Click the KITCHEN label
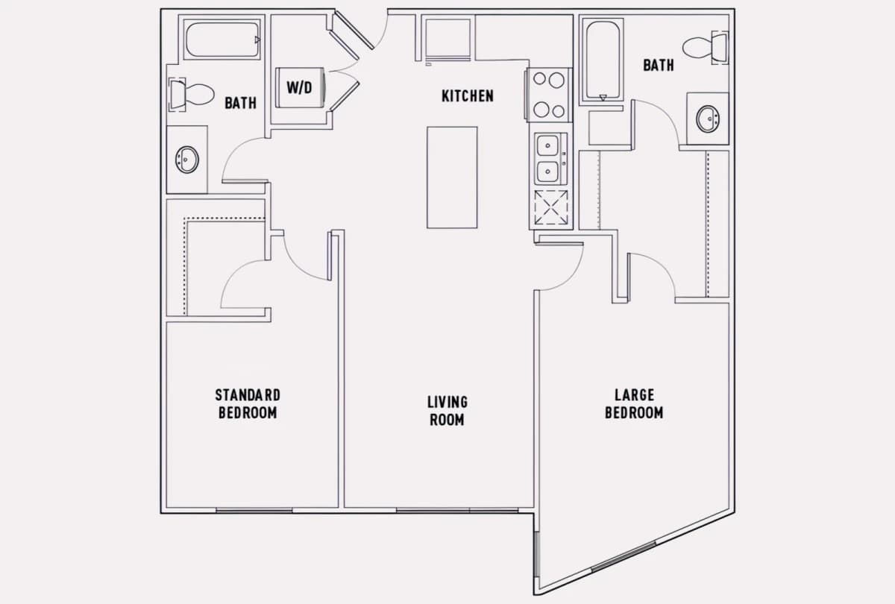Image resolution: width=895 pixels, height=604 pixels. coord(468,96)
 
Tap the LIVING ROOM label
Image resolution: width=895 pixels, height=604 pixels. coord(447,411)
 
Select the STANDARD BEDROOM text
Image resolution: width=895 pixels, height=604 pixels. coord(248,404)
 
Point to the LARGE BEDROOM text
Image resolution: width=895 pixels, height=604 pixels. coord(634,404)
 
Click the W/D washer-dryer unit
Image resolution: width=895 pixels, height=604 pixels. coord(300,88)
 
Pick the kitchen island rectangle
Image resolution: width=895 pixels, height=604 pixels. coord(452,177)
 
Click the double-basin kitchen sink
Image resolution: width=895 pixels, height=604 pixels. coord(550,159)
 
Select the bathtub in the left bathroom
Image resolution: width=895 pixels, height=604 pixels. coord(222,40)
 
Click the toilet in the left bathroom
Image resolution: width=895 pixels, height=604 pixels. coord(192,95)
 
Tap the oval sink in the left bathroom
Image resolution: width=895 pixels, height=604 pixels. coord(187,160)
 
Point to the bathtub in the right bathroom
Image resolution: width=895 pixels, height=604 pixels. coord(603,60)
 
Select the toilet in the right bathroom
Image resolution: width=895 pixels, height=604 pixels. coord(706,48)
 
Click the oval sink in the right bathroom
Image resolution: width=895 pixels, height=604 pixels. coord(708,119)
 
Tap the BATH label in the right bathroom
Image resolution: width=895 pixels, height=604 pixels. coord(659,65)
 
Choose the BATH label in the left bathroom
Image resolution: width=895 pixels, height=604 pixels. coord(240,103)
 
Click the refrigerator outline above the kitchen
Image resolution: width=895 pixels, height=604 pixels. coord(448,39)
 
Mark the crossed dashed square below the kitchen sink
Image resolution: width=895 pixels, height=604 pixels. coord(551,207)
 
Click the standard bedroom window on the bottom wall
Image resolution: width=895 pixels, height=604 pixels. coord(254,511)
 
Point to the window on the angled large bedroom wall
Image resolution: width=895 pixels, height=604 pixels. coord(624,556)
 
